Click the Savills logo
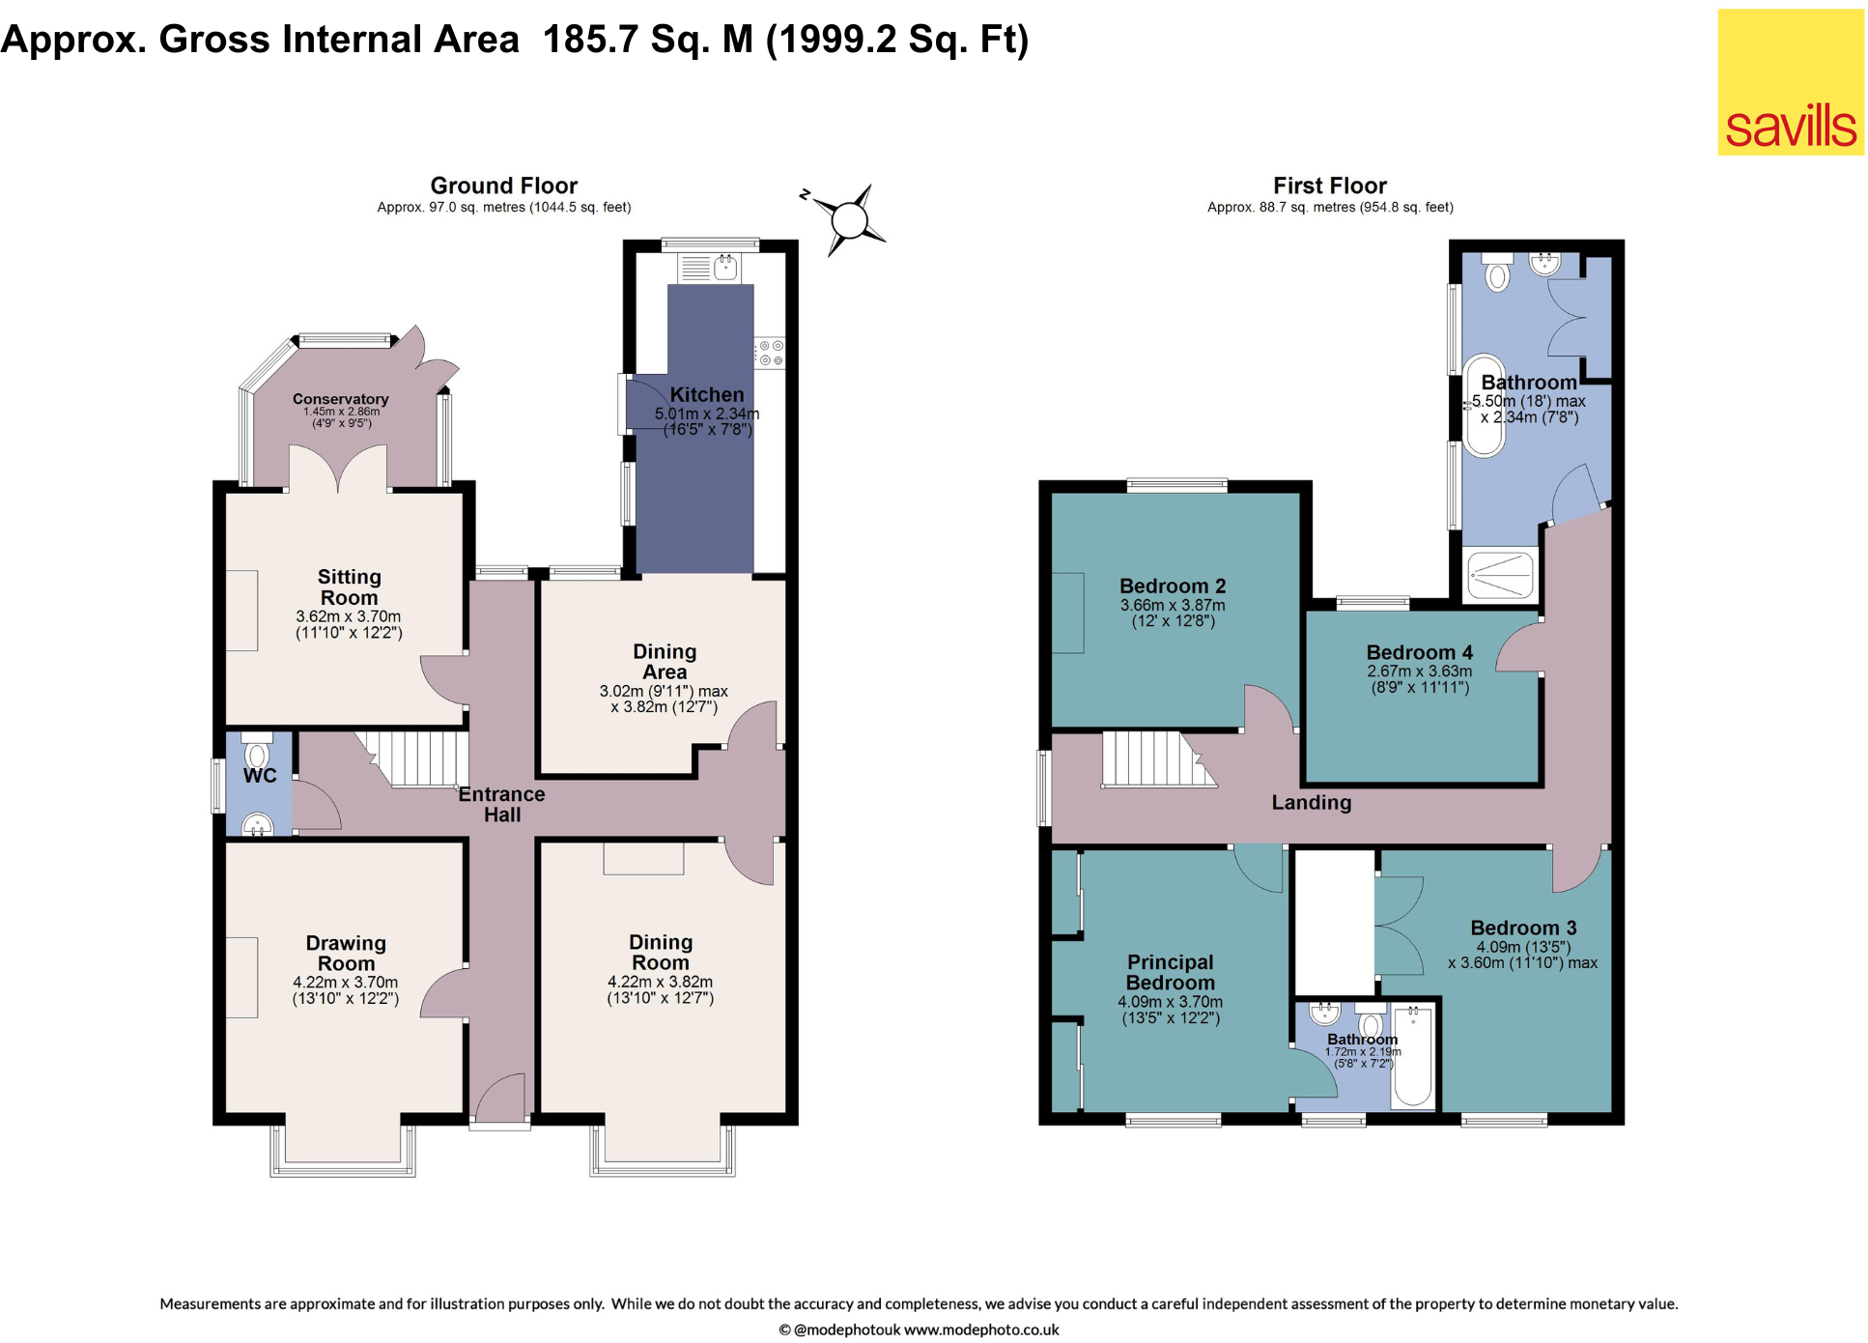(1790, 82)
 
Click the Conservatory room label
(340, 399)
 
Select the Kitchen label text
(707, 394)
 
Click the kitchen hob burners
(770, 353)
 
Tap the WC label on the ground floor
(260, 776)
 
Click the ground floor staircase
(412, 758)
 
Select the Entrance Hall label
(501, 804)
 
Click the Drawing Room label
(346, 953)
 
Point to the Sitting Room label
(349, 586)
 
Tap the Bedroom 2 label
(1173, 586)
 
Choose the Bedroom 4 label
(1420, 652)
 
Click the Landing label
(1312, 802)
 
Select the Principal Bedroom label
(1171, 972)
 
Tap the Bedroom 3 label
(1523, 928)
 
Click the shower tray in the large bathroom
(1500, 575)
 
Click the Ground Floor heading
(503, 186)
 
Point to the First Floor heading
(1330, 186)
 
